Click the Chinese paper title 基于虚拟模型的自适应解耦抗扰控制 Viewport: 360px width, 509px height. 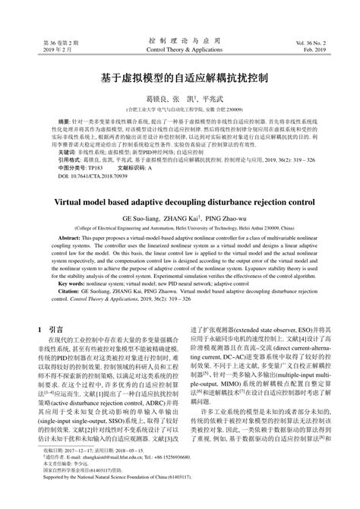180,78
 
